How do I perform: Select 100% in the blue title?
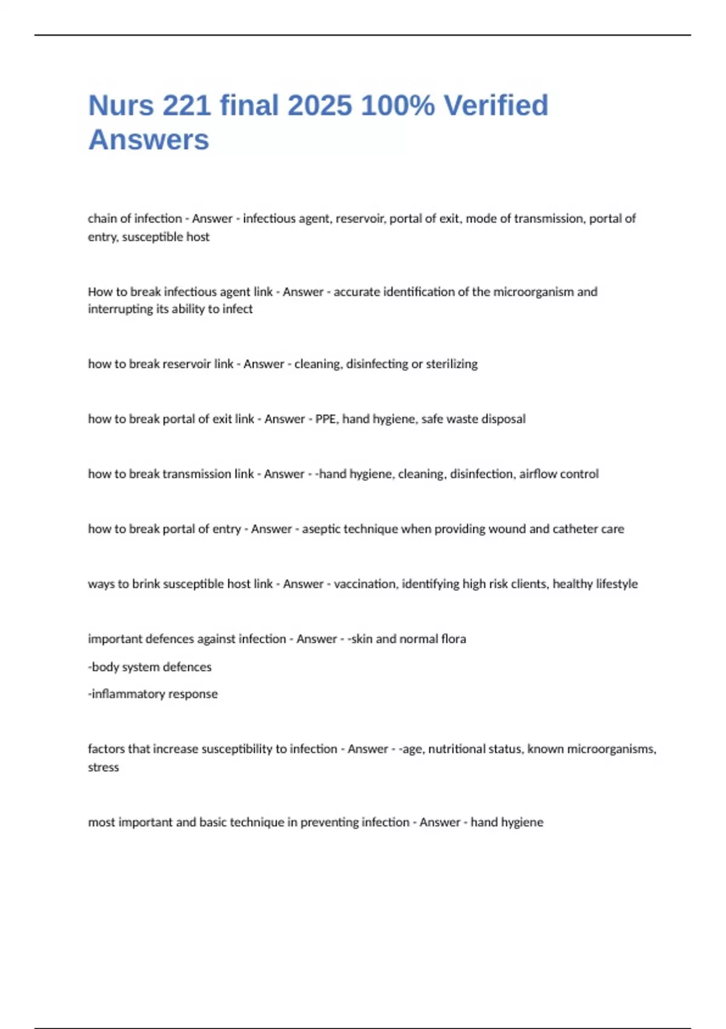point(397,105)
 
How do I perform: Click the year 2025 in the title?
point(319,105)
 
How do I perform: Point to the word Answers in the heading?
point(149,140)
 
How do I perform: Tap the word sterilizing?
point(451,364)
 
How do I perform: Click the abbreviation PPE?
point(325,419)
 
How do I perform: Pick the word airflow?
point(537,474)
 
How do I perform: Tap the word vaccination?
point(364,584)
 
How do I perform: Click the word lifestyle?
point(616,584)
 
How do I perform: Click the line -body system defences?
point(149,667)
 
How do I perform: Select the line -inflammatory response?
point(152,694)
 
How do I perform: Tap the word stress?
point(103,768)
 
